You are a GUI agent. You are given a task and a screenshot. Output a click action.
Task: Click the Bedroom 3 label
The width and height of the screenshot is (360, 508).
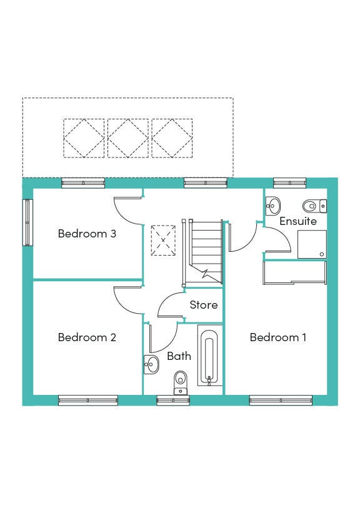click(x=87, y=234)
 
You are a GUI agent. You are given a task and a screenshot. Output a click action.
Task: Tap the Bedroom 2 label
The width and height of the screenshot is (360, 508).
click(x=87, y=337)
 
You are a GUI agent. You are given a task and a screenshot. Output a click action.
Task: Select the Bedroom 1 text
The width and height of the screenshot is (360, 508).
click(x=278, y=337)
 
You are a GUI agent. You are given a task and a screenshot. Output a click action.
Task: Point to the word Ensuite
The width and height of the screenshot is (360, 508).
click(x=297, y=221)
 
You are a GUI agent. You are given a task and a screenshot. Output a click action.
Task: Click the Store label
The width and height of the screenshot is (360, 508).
click(x=204, y=304)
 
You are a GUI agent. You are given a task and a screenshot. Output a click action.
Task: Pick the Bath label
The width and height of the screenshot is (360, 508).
click(x=179, y=356)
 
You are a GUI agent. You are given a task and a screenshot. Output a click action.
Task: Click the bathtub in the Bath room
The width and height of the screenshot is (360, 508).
click(x=209, y=356)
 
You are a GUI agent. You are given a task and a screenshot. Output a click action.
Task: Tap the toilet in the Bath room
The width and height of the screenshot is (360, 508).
click(x=180, y=383)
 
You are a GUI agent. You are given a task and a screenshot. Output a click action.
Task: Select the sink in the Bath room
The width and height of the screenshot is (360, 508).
click(x=151, y=364)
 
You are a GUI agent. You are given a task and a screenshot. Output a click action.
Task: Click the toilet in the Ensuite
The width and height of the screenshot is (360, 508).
click(x=314, y=206)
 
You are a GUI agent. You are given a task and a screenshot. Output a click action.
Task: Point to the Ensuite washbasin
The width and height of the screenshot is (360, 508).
click(x=273, y=206)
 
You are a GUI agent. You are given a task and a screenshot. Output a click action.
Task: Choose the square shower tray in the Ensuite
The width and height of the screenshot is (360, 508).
click(x=312, y=244)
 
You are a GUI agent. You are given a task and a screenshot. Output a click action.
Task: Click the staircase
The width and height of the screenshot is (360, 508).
click(x=202, y=252)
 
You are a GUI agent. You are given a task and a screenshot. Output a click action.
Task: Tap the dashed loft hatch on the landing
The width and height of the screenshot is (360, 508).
click(x=163, y=241)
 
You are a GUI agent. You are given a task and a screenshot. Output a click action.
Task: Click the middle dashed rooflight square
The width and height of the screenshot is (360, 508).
click(x=128, y=138)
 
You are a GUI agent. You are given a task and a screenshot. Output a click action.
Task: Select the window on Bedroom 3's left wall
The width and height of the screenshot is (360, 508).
click(x=27, y=222)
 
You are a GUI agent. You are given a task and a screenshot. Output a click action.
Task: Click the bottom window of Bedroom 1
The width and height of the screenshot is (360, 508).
click(x=281, y=401)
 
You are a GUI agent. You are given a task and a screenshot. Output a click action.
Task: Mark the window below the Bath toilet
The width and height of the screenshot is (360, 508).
click(x=173, y=401)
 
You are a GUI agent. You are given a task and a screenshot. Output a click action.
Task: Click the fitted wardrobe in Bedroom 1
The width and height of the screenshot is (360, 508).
click(x=294, y=273)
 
